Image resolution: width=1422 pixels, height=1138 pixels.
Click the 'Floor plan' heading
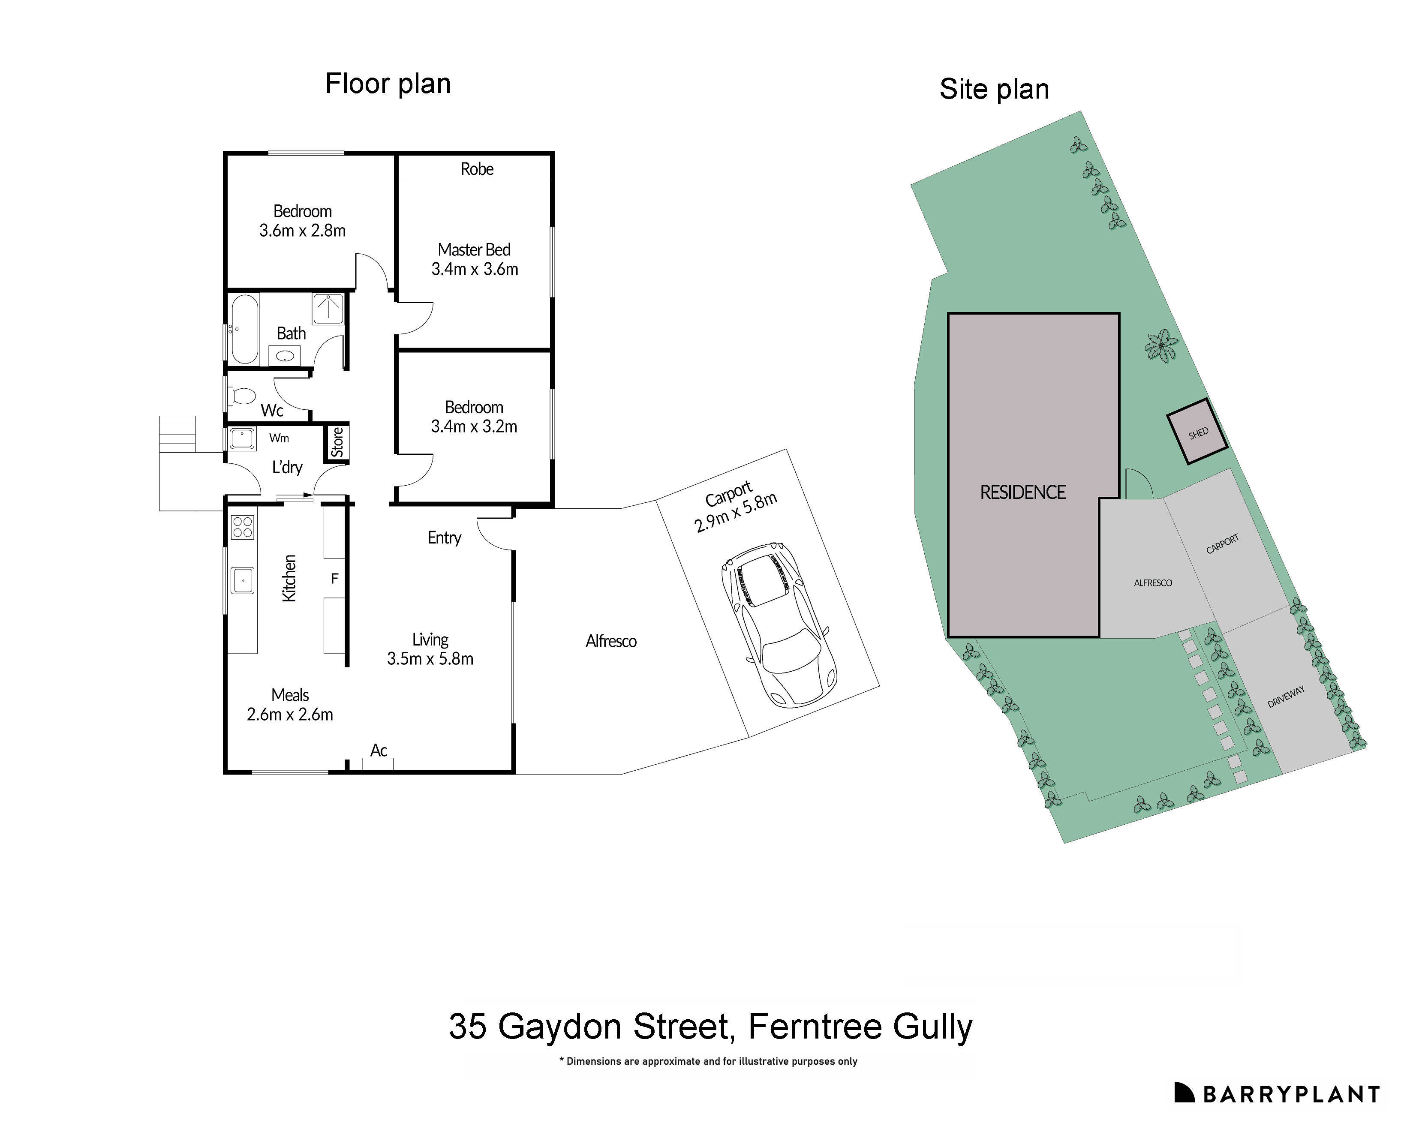click(388, 84)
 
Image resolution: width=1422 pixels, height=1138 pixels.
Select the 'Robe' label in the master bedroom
click(477, 169)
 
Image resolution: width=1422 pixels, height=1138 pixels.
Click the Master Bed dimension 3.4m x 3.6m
click(474, 269)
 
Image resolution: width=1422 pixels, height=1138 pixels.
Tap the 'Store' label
click(337, 442)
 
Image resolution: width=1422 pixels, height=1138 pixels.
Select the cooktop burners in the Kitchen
click(243, 526)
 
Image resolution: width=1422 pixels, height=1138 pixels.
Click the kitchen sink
click(243, 580)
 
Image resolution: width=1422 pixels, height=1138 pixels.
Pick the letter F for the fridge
click(334, 579)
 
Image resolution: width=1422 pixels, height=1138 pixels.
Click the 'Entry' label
click(444, 537)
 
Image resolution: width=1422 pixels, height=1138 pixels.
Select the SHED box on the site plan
click(1197, 432)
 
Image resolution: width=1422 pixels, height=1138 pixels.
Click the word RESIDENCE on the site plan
click(1022, 492)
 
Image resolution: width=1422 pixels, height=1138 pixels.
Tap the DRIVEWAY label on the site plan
click(1286, 696)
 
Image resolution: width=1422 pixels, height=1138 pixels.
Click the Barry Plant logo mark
click(1184, 1093)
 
